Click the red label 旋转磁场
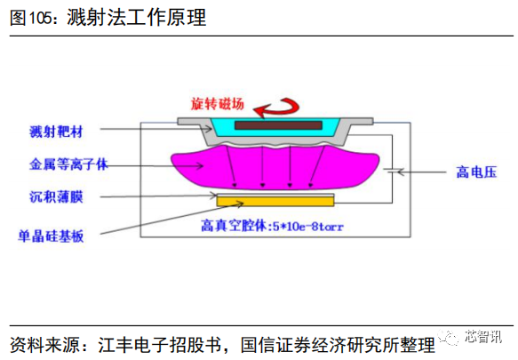(217, 104)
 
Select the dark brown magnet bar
(278, 125)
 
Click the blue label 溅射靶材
(56, 132)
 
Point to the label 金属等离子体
(68, 164)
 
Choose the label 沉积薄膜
(56, 196)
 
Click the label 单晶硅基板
(51, 236)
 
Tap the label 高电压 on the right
(476, 172)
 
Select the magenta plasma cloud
(275, 167)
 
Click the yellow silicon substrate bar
(275, 201)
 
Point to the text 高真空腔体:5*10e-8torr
(272, 227)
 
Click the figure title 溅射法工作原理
(137, 17)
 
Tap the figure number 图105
(31, 18)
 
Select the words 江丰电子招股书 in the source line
(159, 345)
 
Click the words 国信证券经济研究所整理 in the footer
(338, 345)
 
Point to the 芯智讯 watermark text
(483, 337)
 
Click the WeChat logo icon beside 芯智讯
(449, 337)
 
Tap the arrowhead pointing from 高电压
(401, 172)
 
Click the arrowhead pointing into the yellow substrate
(240, 204)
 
